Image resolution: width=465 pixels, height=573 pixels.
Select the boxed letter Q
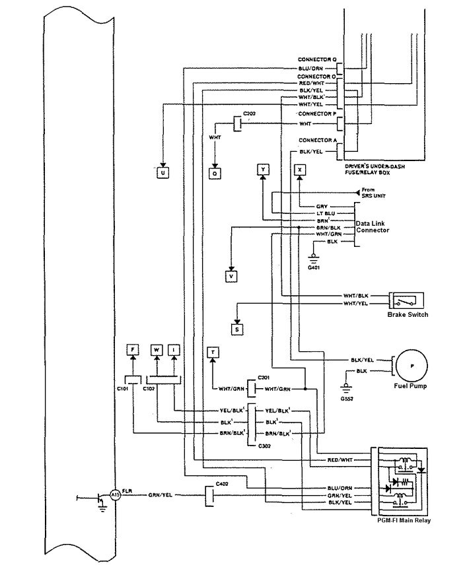pos(215,173)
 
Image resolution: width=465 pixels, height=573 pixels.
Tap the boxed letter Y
pos(263,170)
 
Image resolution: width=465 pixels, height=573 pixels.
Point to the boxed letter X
pos(300,170)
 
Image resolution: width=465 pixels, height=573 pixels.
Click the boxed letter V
pos(231,277)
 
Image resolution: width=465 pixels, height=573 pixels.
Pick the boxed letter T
pos(213,353)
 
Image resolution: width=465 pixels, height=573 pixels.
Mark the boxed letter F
pos(132,349)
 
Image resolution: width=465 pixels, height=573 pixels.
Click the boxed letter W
pos(157,349)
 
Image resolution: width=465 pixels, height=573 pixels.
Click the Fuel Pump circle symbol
pos(411,364)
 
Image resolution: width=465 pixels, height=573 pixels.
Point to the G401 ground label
pos(314,267)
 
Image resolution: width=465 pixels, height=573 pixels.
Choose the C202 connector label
pos(249,115)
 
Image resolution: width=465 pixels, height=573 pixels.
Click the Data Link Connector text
pos(372,227)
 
